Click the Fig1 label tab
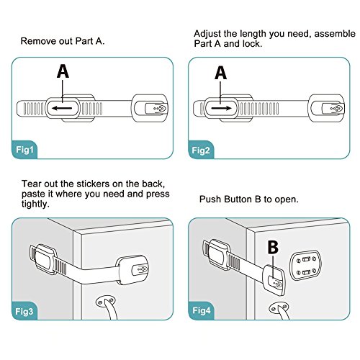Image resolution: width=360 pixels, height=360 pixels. tap(24, 150)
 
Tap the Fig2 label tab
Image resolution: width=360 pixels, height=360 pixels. tap(201, 150)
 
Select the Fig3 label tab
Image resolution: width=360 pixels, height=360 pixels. tap(24, 311)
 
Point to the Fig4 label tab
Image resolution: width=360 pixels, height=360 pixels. tap(202, 310)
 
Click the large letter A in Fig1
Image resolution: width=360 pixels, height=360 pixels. tap(63, 71)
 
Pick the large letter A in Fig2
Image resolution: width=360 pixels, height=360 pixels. tap(220, 73)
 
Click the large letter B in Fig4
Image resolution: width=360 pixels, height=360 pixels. tap(273, 247)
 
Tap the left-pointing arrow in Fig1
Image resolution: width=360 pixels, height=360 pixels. tap(62, 108)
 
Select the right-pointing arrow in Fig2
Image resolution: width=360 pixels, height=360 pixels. tap(221, 108)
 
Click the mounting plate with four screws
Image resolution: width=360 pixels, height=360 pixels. tap(305, 265)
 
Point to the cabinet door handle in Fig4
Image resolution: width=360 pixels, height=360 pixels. tap(281, 311)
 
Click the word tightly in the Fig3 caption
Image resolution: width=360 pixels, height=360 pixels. tap(35, 204)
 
